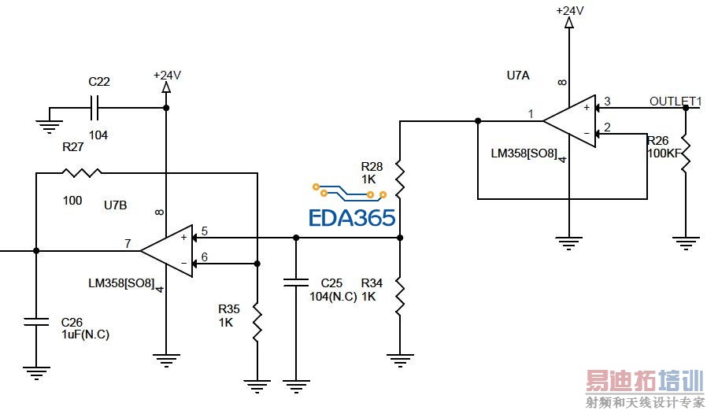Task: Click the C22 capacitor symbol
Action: point(97,105)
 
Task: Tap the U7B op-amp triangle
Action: point(167,251)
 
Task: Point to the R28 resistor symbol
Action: point(400,179)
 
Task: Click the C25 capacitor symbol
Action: point(296,282)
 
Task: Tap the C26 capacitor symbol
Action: point(35,321)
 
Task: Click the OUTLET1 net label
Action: point(675,101)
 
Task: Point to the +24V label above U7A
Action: point(569,10)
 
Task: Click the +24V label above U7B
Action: point(167,75)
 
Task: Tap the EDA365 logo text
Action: point(352,217)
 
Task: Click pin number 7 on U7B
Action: point(127,243)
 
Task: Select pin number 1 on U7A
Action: point(531,114)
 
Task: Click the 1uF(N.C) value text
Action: point(85,334)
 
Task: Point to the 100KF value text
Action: point(663,153)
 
